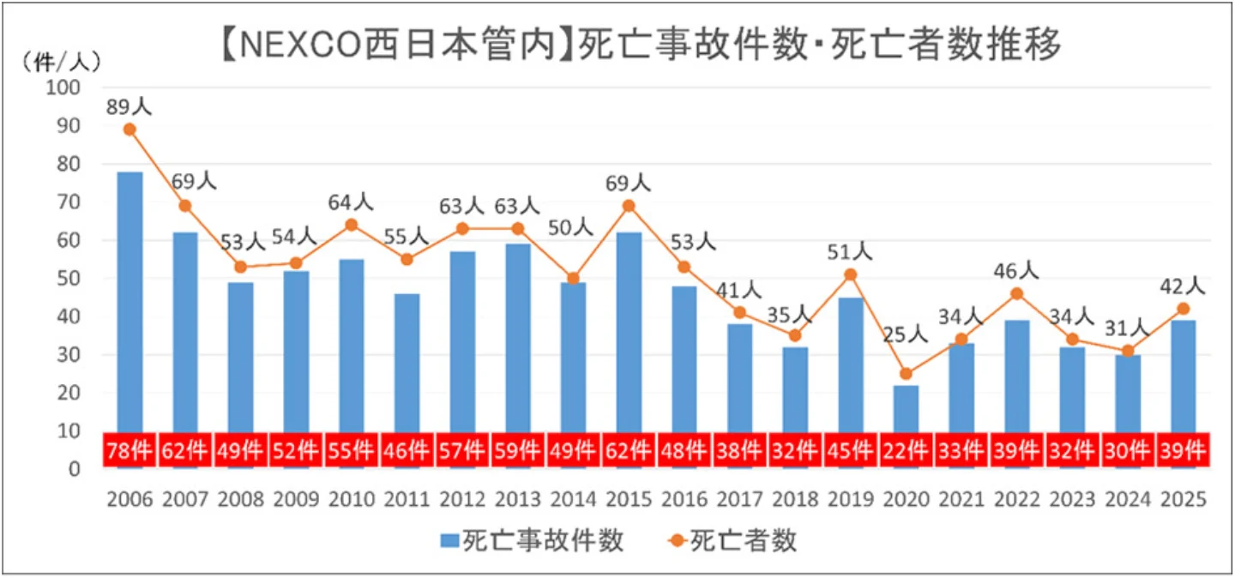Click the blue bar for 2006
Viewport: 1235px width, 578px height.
[x=130, y=300]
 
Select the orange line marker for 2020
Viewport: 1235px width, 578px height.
[x=906, y=373]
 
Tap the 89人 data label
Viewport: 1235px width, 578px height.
[x=130, y=106]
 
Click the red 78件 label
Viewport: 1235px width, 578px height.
[x=130, y=451]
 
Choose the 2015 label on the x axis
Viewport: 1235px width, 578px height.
[x=628, y=499]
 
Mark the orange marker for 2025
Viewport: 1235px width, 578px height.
[x=1183, y=309]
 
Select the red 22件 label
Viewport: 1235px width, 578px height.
[x=906, y=451]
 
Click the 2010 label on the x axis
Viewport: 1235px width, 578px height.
[x=352, y=499]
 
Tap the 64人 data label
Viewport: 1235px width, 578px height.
[x=352, y=203]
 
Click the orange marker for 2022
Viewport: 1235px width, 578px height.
[x=1016, y=293]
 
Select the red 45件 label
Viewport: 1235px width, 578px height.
[x=850, y=451]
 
